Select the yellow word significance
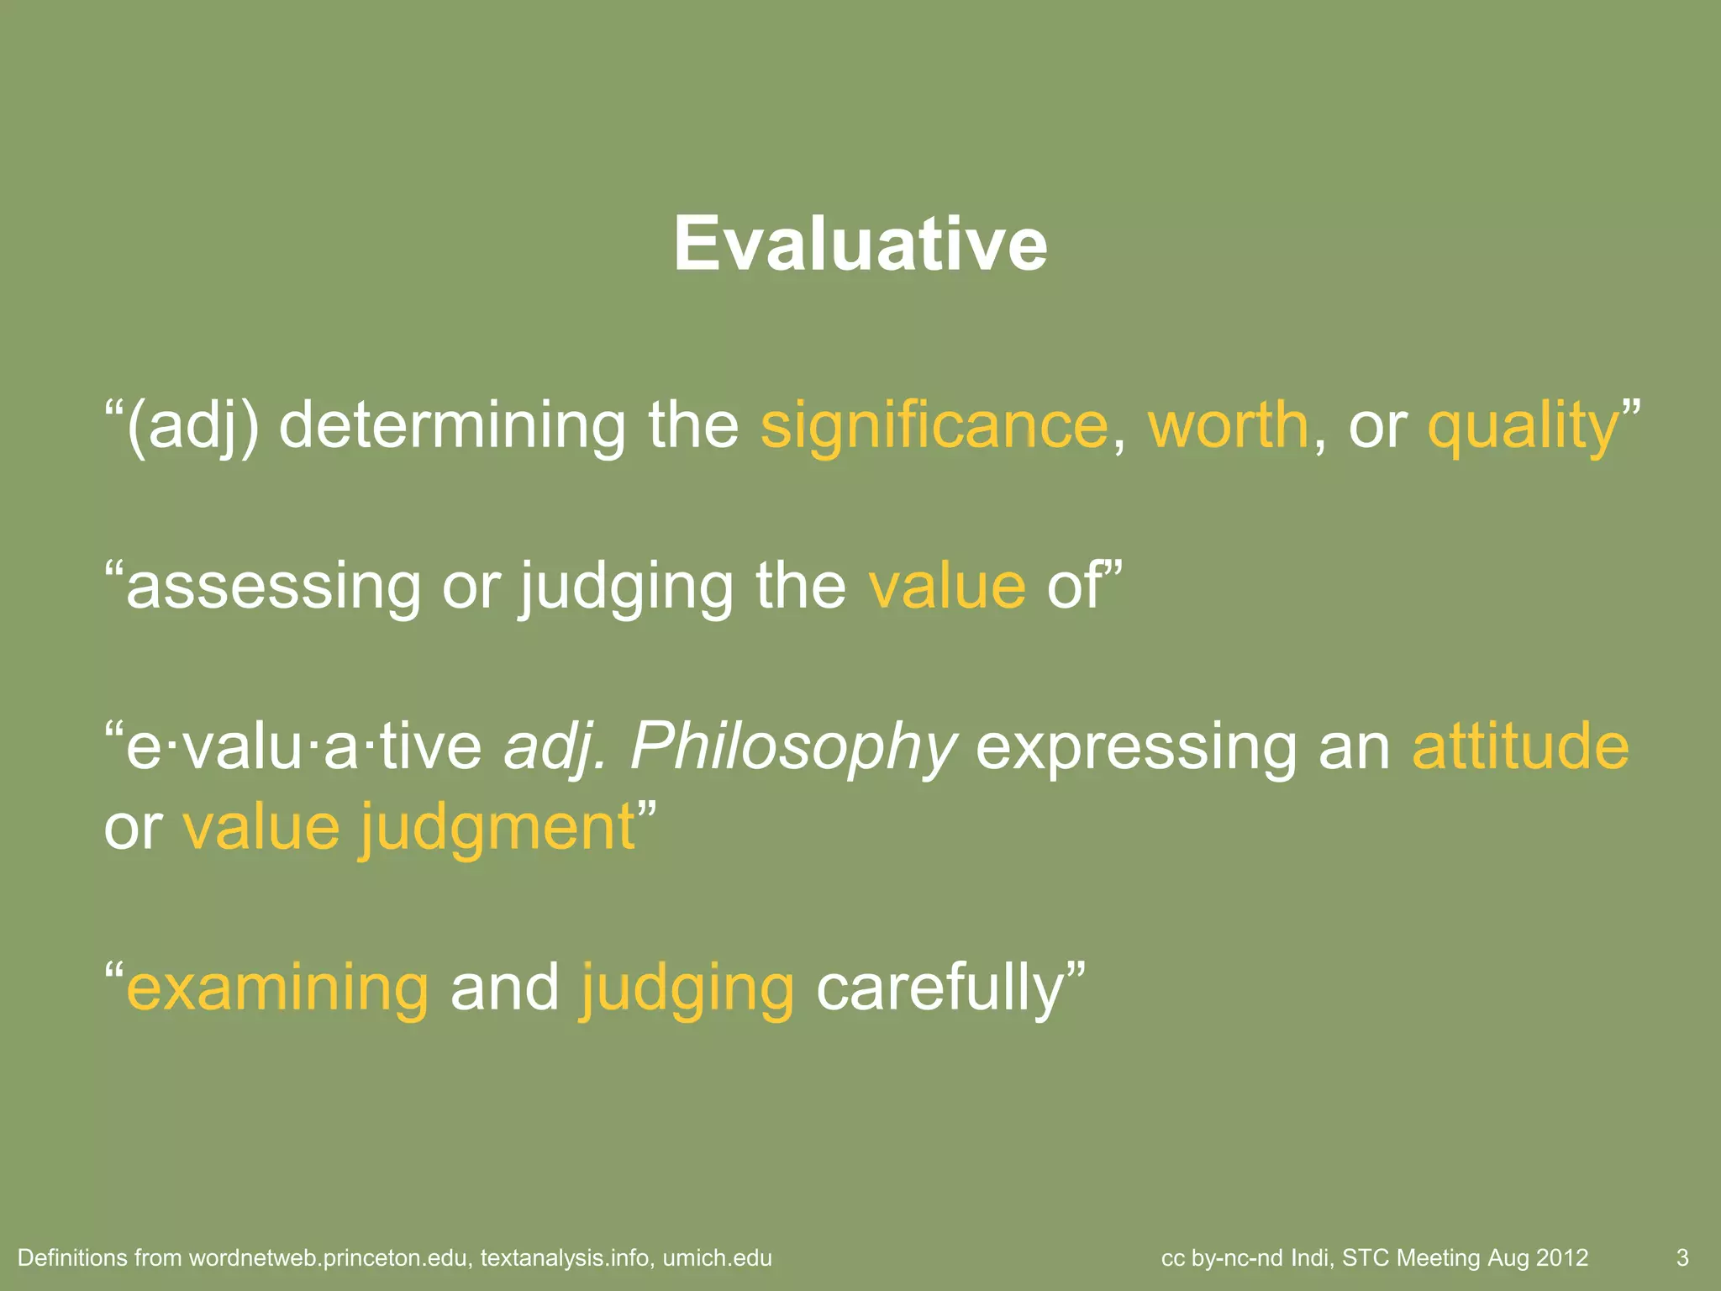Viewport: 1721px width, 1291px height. tap(934, 426)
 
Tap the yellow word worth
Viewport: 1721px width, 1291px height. tap(1228, 426)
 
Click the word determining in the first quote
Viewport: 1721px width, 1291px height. tap(451, 426)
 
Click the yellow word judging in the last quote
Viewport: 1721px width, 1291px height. tap(687, 990)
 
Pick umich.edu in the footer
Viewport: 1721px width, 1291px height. tap(717, 1258)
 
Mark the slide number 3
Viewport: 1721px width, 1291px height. tap(1682, 1258)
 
